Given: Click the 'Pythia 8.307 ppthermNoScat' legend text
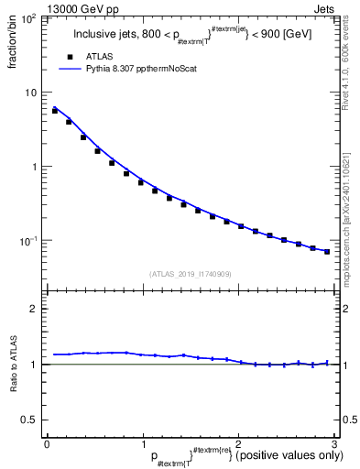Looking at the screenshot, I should point(143,69).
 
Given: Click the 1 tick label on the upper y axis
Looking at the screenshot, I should point(35,167).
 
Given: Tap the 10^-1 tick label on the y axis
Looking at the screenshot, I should point(29,240).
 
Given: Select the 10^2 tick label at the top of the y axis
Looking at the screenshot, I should point(29,18).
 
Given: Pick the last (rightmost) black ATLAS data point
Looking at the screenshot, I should point(327,251).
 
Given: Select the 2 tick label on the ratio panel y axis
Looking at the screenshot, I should point(35,309).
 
